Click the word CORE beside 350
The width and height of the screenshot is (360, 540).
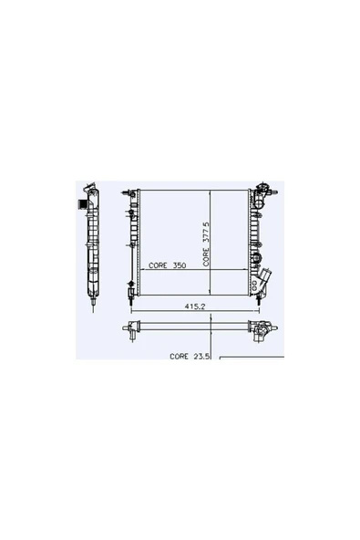158,265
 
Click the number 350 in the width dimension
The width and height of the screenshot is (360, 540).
180,265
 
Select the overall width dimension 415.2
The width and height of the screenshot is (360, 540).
195,306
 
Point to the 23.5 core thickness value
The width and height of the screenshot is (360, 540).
201,356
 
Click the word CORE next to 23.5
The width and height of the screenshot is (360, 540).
179,356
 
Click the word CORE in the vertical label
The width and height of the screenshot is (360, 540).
206,257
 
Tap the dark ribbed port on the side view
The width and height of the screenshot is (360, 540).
82,204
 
